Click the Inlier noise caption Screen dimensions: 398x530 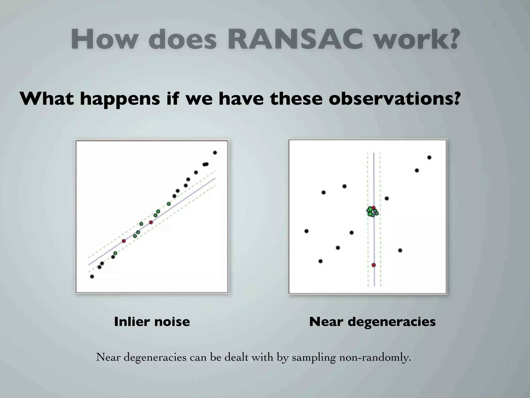click(x=152, y=322)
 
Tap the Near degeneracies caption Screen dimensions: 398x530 click(x=372, y=322)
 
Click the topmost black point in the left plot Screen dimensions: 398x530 click(x=215, y=153)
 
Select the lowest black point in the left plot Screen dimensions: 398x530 click(x=92, y=276)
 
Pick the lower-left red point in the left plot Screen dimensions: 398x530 click(x=124, y=241)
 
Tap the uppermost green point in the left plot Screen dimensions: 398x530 click(x=168, y=204)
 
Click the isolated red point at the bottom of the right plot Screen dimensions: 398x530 click(x=373, y=265)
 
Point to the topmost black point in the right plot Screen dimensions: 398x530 click(x=429, y=158)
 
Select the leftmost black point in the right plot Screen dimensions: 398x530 click(x=306, y=231)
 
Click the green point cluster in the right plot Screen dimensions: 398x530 click(x=372, y=211)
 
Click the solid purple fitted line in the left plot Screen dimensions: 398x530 click(x=181, y=202)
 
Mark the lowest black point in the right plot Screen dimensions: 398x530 click(x=320, y=261)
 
